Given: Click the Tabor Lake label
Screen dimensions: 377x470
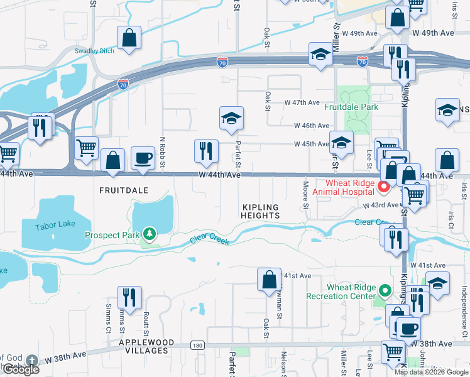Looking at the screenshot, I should [x=55, y=225].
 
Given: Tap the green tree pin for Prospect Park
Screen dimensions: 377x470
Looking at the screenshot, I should [x=150, y=234].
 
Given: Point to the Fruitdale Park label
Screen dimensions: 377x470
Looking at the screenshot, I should [x=351, y=107].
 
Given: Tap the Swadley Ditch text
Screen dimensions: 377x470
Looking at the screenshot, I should [x=94, y=51].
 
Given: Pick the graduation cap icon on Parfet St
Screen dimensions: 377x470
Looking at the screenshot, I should [x=231, y=117].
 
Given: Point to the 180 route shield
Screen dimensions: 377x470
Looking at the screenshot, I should [x=198, y=346].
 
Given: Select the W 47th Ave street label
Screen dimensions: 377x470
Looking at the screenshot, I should [x=302, y=102].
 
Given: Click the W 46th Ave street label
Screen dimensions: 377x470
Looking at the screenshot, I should [x=307, y=126].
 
